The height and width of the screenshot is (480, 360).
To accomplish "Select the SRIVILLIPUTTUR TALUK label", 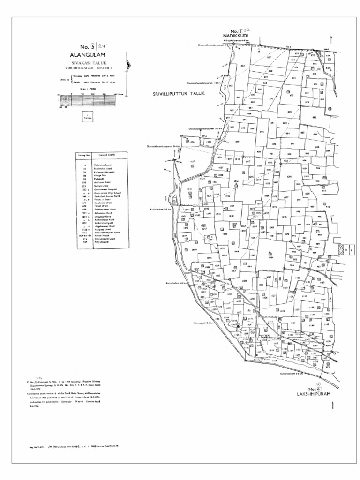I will pos(179,94).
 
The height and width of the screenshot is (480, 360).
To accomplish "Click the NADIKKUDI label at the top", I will pos(235,36).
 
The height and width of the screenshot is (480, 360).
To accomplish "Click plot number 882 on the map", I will pos(314,118).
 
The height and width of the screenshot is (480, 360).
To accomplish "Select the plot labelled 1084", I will pos(271,257).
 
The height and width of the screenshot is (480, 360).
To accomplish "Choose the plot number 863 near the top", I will pos(243,66).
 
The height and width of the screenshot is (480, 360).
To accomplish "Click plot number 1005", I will pos(289,177).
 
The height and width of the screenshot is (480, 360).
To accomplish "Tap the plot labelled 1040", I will pos(225,233).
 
